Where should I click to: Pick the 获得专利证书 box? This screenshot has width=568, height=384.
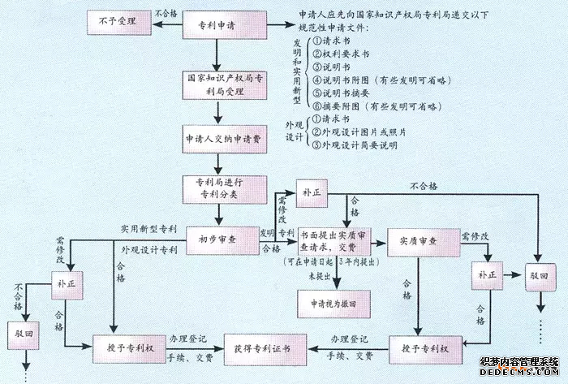(257, 348)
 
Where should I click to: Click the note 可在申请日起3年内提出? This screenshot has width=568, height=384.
(334, 264)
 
